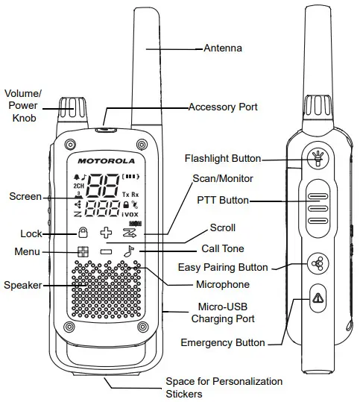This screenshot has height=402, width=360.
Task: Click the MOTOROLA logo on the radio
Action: [x=106, y=161]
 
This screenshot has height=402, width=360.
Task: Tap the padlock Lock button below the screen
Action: [x=83, y=232]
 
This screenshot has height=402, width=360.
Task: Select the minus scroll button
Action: [x=106, y=251]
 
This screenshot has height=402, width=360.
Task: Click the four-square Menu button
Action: [x=83, y=252]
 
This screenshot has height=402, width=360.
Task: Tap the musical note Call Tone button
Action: [x=129, y=251]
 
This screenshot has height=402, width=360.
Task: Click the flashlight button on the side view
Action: [x=318, y=159]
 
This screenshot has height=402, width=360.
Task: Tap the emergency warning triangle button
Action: [x=318, y=298]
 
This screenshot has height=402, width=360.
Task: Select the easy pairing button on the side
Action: [x=318, y=263]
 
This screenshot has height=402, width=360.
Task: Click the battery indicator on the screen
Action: [x=130, y=177]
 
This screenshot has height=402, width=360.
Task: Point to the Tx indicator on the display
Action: [x=125, y=195]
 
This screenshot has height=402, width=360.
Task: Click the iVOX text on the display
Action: [x=130, y=214]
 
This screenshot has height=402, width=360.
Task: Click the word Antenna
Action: [x=223, y=48]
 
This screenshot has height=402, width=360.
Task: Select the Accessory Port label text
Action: [x=223, y=107]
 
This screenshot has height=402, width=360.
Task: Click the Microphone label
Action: [x=223, y=284]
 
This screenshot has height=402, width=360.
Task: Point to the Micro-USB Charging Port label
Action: [x=223, y=313]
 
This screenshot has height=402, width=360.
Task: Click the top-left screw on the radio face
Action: [x=70, y=145]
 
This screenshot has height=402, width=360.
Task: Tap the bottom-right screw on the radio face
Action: [x=142, y=327]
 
